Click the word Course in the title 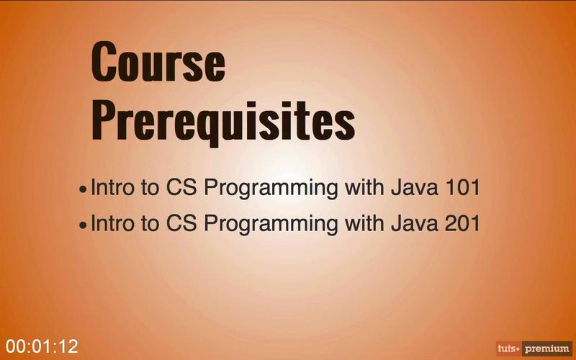pos(158,61)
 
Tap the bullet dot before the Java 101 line pos(83,189)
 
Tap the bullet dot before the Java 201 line pos(83,225)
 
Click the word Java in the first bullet pos(415,187)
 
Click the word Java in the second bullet pos(415,222)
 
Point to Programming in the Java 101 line pos(271,189)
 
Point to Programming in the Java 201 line pos(271,224)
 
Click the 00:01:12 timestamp pos(42,346)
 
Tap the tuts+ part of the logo pos(509,348)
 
